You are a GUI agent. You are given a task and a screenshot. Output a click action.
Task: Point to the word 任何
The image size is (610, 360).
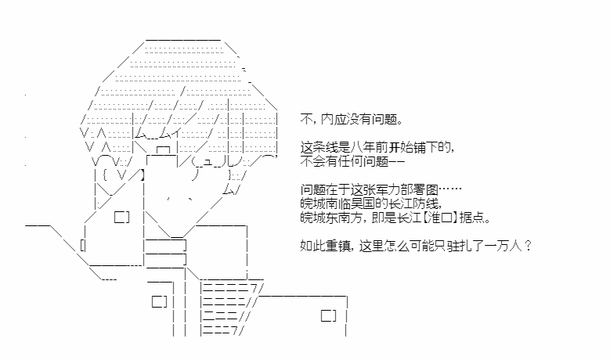coord(350,161)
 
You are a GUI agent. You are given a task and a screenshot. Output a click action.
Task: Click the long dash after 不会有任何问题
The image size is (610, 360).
coord(396,161)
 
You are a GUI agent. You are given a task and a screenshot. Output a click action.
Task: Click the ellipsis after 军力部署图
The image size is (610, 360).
coord(450,189)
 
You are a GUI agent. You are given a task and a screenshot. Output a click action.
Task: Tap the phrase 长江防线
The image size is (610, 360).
coord(413,203)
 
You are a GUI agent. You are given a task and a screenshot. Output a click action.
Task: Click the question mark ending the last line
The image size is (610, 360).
coord(528,246)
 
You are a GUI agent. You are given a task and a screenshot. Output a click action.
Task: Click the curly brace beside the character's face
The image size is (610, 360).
coord(105,175)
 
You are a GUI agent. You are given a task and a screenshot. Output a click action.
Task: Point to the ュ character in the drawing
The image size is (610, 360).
coord(208,162)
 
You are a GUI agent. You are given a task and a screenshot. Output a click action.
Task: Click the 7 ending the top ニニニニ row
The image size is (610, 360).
coord(254,289)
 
